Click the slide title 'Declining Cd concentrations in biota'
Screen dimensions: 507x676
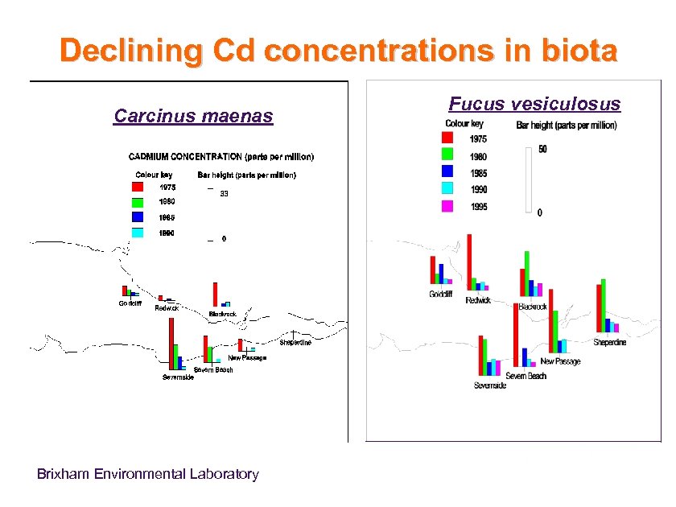coord(338,51)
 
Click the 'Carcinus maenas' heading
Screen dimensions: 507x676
coord(193,117)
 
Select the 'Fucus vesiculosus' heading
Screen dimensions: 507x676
coord(534,104)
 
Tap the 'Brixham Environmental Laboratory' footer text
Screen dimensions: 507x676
coord(148,474)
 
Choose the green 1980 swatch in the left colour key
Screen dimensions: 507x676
coord(138,202)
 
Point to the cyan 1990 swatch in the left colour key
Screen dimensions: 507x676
coord(138,233)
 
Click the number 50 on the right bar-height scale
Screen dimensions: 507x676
coord(543,150)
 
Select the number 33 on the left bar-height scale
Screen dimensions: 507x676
coord(225,193)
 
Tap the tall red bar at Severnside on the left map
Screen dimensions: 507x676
coord(171,343)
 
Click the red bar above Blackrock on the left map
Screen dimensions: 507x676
coord(215,294)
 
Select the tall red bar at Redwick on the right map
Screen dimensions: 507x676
coord(469,262)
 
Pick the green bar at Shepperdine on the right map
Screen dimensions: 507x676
coord(603,305)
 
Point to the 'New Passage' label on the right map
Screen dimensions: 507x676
coord(560,361)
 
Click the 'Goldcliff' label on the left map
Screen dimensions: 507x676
coord(130,303)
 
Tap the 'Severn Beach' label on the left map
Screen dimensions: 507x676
coord(212,369)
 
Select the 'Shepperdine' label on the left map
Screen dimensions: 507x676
coord(295,343)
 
